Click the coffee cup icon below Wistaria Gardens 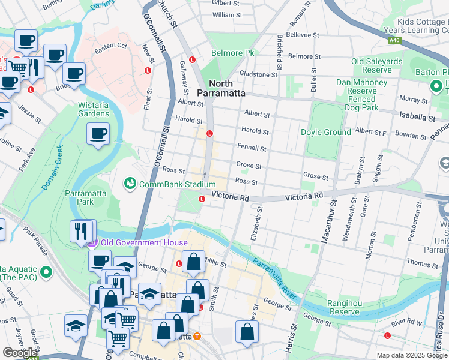point(98,134)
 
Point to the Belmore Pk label point(232,53)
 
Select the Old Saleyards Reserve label point(377,65)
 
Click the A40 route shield point(394,41)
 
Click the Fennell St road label point(251,148)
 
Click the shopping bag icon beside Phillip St point(193,262)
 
